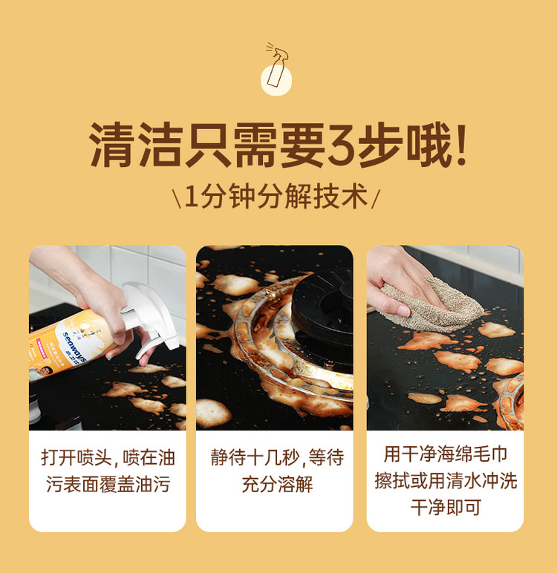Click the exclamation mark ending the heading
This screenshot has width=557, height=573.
[461, 145]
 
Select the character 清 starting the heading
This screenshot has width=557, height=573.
[111, 145]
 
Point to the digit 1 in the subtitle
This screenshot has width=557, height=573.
[191, 197]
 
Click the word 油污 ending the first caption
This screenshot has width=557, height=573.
[152, 484]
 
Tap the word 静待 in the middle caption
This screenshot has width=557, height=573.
[229, 457]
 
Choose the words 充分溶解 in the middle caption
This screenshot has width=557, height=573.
[277, 484]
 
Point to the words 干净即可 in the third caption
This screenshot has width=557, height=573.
[446, 507]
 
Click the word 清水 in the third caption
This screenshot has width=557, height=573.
[463, 480]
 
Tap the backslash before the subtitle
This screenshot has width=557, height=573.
[177, 198]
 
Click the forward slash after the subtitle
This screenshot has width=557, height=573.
[376, 198]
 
